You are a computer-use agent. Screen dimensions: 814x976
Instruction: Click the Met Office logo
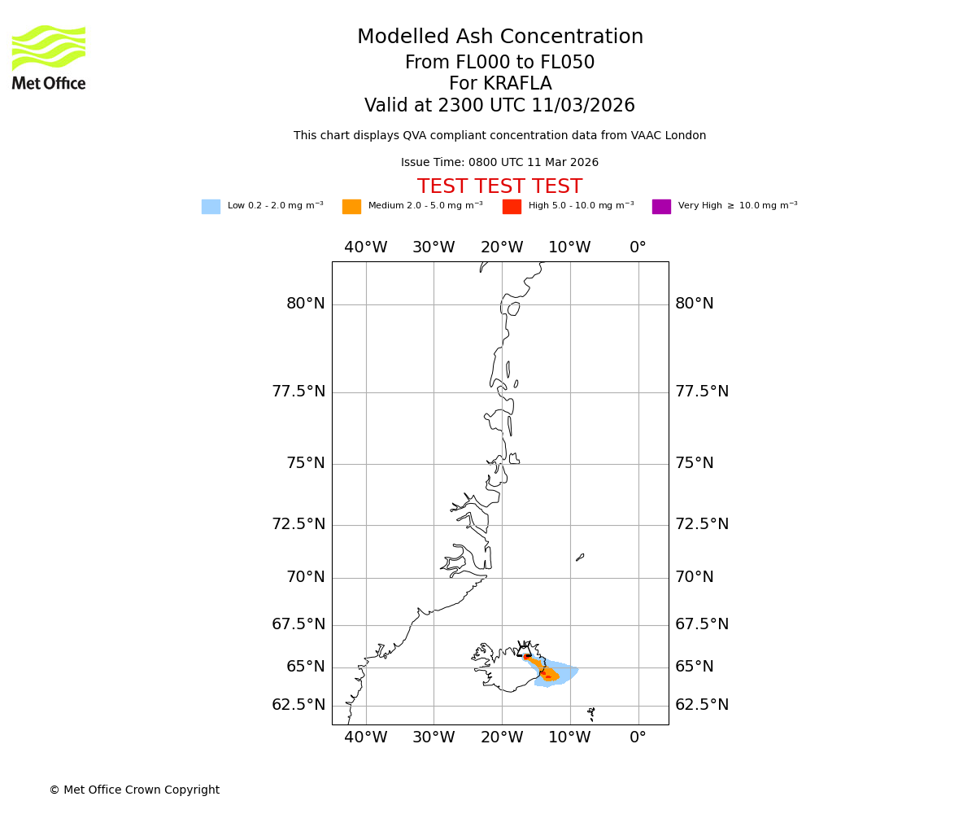pyautogui.click(x=49, y=57)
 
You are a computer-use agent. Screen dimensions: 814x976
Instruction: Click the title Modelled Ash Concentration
pyautogui.click(x=499, y=37)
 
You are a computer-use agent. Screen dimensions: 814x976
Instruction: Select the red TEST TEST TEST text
pyautogui.click(x=499, y=187)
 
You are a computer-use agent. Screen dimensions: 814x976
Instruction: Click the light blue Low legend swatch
pyautogui.click(x=211, y=207)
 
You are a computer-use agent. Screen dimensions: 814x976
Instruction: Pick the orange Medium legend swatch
pyautogui.click(x=351, y=207)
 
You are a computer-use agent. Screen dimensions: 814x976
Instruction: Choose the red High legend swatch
pyautogui.click(x=512, y=207)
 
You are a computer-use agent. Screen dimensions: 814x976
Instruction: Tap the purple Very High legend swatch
pyautogui.click(x=661, y=207)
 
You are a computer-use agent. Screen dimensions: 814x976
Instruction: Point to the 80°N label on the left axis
pyautogui.click(x=305, y=304)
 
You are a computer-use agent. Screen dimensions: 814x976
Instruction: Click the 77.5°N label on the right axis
pyautogui.click(x=701, y=392)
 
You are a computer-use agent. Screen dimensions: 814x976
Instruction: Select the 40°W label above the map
pyautogui.click(x=365, y=247)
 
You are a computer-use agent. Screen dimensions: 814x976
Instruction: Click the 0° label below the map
pyautogui.click(x=638, y=737)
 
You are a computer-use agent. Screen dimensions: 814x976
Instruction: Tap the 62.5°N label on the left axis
pyautogui.click(x=298, y=705)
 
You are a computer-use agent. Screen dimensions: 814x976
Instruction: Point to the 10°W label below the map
pyautogui.click(x=569, y=737)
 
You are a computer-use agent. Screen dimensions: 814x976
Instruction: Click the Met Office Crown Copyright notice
pyautogui.click(x=134, y=790)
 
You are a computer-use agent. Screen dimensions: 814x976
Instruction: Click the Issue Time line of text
pyautogui.click(x=499, y=163)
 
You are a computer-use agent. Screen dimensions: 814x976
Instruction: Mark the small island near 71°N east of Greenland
pyautogui.click(x=580, y=558)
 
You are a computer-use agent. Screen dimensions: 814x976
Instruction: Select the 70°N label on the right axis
pyautogui.click(x=694, y=577)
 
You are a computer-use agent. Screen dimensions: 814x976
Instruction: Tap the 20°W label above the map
pyautogui.click(x=501, y=247)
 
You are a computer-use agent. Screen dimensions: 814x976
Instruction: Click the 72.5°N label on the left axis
pyautogui.click(x=298, y=524)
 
